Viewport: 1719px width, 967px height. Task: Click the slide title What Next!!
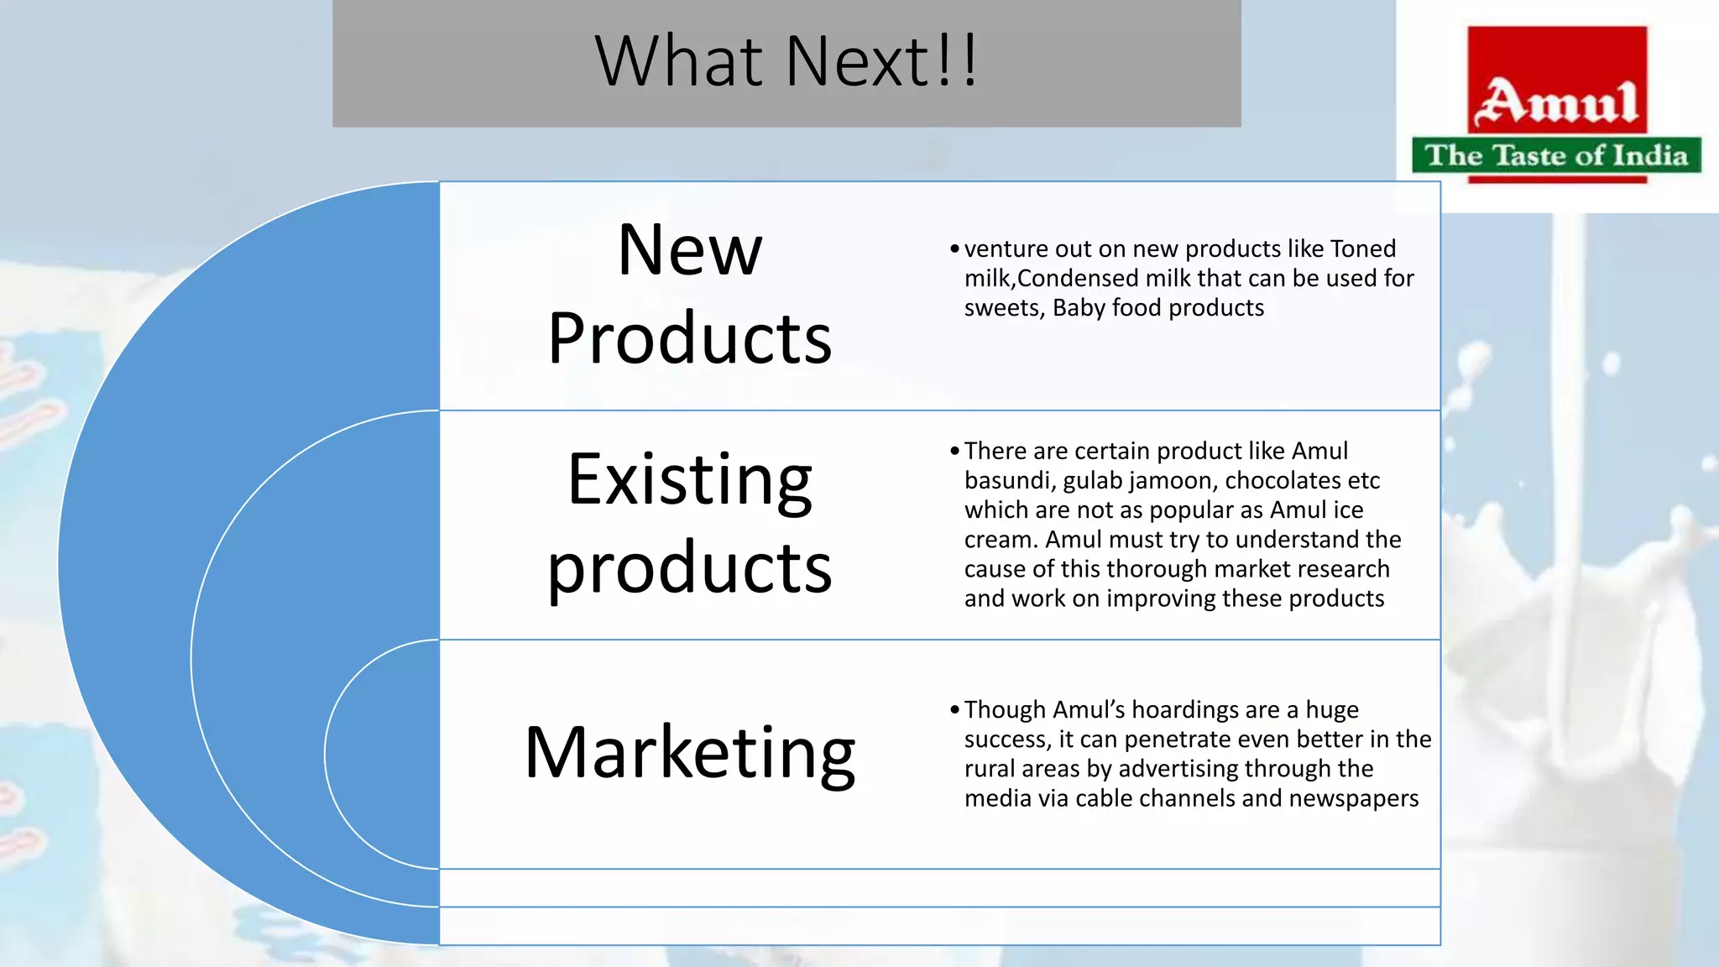(786, 61)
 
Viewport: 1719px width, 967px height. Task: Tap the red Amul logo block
(1557, 80)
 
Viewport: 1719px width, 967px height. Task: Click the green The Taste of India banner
(1556, 155)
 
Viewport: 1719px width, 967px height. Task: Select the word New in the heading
(690, 250)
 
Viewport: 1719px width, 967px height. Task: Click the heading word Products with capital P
(690, 338)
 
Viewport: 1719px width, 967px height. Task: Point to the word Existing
(690, 479)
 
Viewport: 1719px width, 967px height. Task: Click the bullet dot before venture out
(954, 249)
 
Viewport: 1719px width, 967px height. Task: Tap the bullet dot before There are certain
(954, 452)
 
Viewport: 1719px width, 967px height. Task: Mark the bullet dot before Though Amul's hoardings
(954, 710)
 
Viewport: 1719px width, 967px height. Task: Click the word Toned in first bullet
(1363, 248)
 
